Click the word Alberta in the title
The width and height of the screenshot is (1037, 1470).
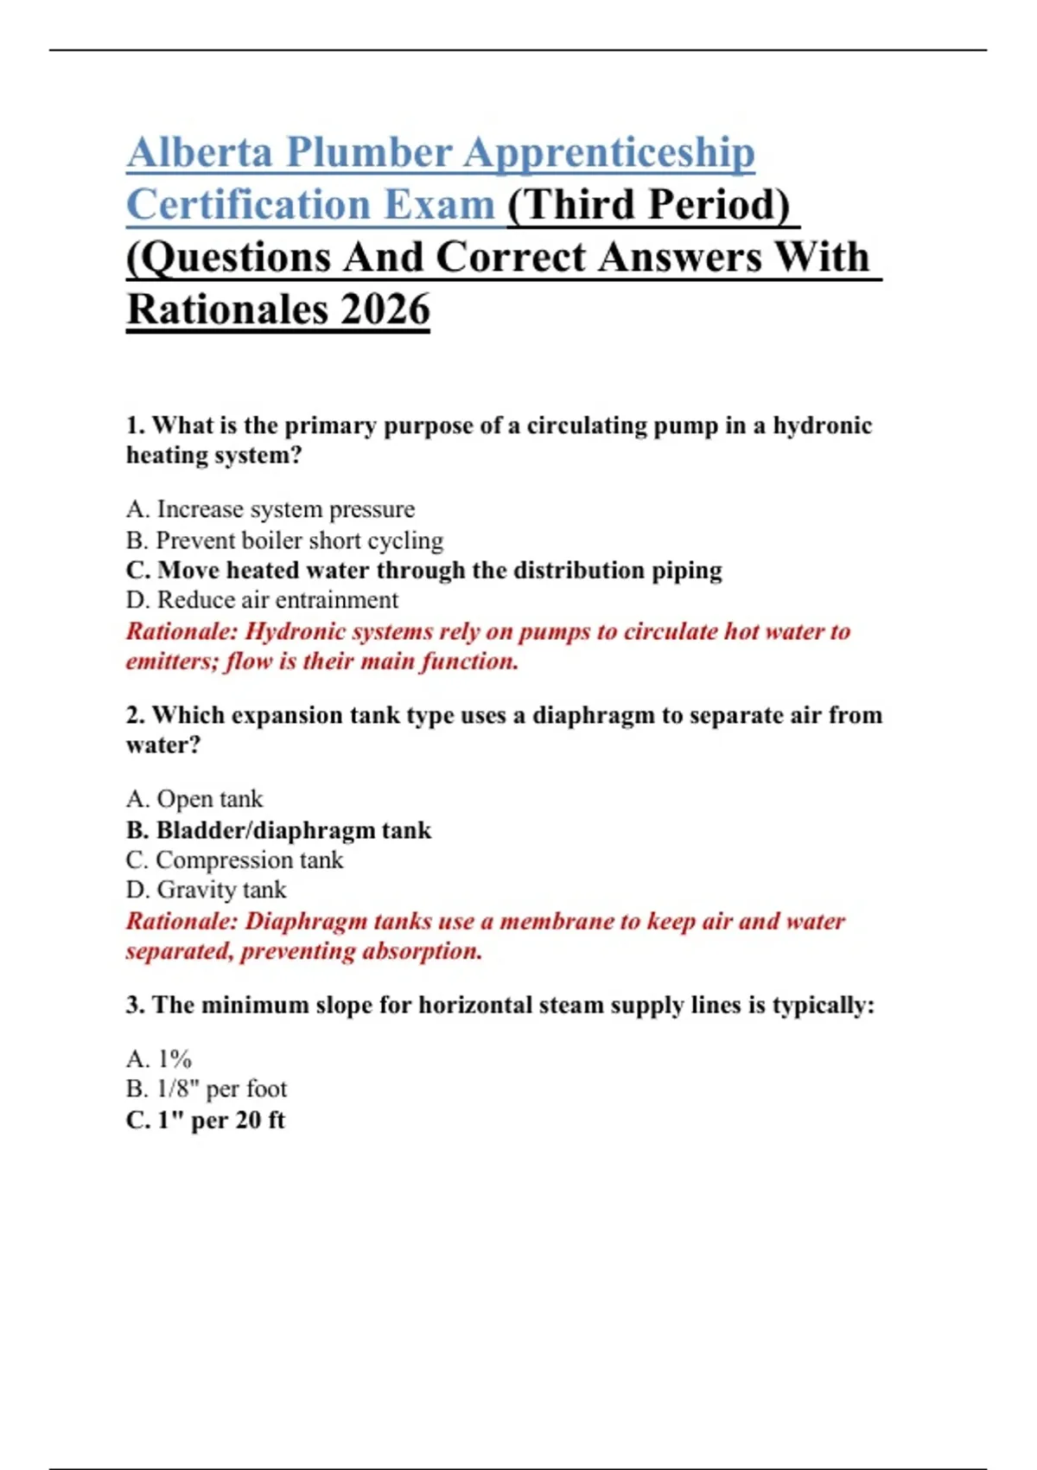[x=200, y=153]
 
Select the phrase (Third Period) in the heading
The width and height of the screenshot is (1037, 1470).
[x=649, y=206]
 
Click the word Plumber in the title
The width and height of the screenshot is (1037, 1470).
[x=369, y=153]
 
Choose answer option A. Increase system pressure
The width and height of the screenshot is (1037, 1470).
[x=270, y=509]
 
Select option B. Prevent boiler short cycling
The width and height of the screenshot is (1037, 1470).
[x=284, y=540]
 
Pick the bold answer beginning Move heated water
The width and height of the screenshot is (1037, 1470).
[x=423, y=571]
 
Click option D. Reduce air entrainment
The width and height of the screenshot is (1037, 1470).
[x=262, y=600]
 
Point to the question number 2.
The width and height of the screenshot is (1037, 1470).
[x=135, y=715]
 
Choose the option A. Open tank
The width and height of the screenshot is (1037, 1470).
[x=194, y=799]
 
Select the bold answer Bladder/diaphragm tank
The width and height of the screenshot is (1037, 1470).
[x=278, y=830]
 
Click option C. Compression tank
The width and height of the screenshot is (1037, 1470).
[x=234, y=860]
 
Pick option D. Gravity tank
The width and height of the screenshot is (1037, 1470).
[x=206, y=890]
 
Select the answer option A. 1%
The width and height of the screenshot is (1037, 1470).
[x=159, y=1059]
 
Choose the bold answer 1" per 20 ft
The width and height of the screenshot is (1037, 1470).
[x=206, y=1121]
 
